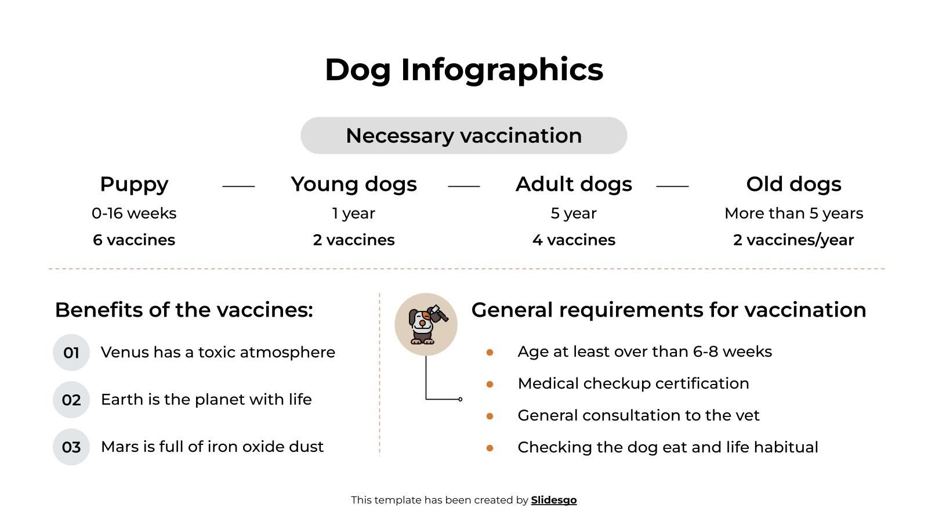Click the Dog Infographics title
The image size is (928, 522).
pos(464,70)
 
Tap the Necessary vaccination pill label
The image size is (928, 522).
pos(464,136)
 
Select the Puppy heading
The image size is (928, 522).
pos(134,184)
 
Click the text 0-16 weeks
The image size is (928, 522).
pos(134,213)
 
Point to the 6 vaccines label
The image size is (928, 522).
pos(134,240)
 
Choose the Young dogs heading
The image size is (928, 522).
pos(354,184)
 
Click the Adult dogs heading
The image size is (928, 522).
pos(574,184)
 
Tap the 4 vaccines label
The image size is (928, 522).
pos(574,240)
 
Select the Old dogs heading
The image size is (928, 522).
pos(793,184)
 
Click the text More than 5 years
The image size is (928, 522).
pos(793,213)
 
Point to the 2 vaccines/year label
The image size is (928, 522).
pos(793,240)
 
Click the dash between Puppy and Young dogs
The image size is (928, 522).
pos(238,186)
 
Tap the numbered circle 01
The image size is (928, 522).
pos(71,353)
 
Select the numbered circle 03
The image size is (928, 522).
pos(71,447)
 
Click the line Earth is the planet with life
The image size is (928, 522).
pos(206,400)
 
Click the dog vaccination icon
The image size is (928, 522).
pos(426,324)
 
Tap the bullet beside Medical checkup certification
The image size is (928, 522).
pos(490,384)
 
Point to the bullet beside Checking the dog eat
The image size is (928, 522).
pos(490,448)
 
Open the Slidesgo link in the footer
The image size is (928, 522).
pos(554,500)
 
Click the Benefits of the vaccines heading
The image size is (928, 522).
pos(184,310)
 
